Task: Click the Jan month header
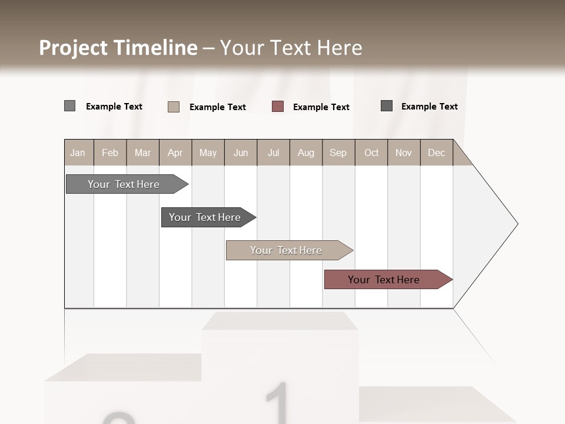78,153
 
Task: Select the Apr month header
175,153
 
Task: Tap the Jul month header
273,153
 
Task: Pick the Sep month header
338,153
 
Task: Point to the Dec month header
436,153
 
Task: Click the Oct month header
371,153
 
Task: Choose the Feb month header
110,153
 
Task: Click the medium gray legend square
69,106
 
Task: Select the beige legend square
174,107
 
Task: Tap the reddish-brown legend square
278,107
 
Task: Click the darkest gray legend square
387,106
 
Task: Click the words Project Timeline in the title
118,48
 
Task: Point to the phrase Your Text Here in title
291,48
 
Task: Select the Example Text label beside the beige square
218,107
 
